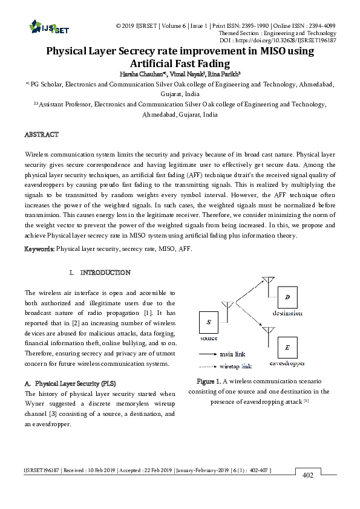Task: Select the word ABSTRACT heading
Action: [42, 134]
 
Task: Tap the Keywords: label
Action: [39, 248]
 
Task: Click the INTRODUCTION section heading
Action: [105, 273]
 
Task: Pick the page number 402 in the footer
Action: [307, 476]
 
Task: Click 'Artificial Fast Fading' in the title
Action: [180, 63]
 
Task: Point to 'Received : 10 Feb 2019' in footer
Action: [84, 470]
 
